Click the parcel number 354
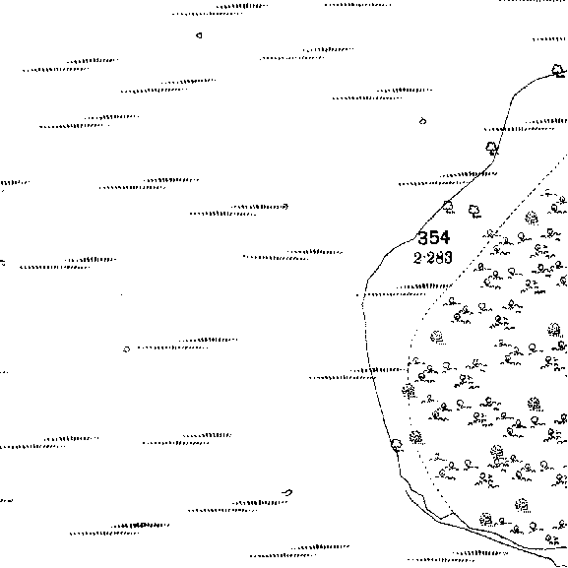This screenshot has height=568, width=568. (433, 237)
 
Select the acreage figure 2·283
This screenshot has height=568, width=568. (433, 258)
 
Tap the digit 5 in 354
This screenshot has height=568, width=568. (433, 237)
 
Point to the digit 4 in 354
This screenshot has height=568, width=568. (445, 237)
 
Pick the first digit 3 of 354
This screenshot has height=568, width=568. (423, 237)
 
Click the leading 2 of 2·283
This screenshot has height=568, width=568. (417, 258)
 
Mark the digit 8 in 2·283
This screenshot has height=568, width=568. (438, 258)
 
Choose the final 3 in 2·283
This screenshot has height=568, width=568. (448, 258)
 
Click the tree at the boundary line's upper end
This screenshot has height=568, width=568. (558, 71)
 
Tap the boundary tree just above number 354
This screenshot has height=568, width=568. (448, 207)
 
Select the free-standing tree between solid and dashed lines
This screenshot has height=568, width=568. (474, 212)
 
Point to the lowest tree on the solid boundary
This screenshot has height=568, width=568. (397, 445)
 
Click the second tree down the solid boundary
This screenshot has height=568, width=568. (492, 149)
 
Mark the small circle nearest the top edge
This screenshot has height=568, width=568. (199, 35)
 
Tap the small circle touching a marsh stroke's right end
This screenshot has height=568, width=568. (285, 207)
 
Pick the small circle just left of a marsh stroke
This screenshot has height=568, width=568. (126, 349)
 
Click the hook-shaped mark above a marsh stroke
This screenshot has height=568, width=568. (287, 492)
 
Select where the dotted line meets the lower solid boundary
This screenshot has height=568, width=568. (453, 513)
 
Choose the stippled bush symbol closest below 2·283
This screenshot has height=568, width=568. (437, 338)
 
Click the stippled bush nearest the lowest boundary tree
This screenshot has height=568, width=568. (416, 438)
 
